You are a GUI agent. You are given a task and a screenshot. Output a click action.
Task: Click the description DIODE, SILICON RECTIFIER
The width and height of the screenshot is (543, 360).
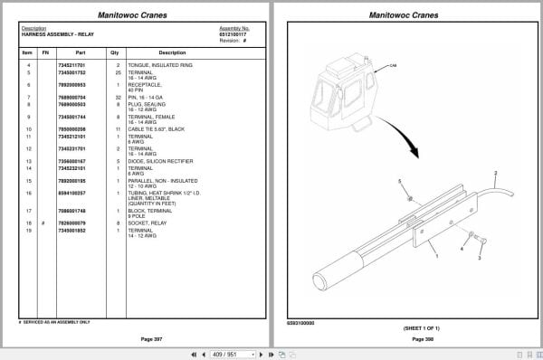tap(159, 160)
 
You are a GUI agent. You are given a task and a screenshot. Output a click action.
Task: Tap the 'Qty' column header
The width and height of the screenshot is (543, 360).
tap(114, 52)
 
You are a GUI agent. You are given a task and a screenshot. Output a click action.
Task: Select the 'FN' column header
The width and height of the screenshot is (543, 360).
tap(44, 52)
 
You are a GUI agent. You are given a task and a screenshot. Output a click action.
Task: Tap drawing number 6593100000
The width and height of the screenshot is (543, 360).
tap(301, 322)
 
